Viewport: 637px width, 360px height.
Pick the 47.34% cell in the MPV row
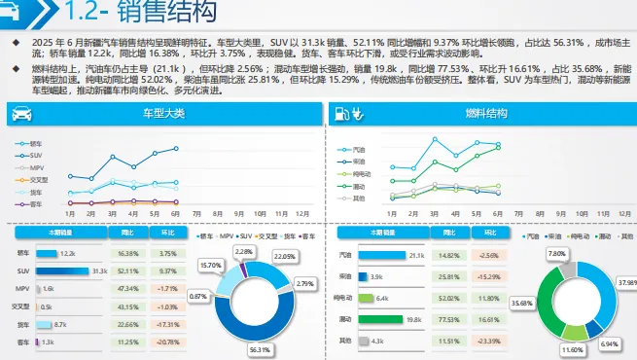click(x=127, y=289)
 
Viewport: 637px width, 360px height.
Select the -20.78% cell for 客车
click(x=167, y=342)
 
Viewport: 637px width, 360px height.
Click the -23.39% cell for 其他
click(x=488, y=341)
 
